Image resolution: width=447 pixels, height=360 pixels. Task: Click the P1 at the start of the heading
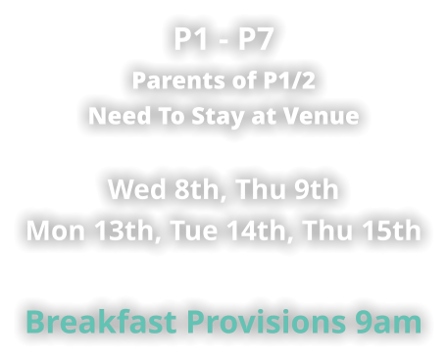(x=191, y=41)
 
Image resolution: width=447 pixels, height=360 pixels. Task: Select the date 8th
(x=193, y=188)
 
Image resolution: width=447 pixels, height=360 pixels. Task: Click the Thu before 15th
(x=326, y=231)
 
